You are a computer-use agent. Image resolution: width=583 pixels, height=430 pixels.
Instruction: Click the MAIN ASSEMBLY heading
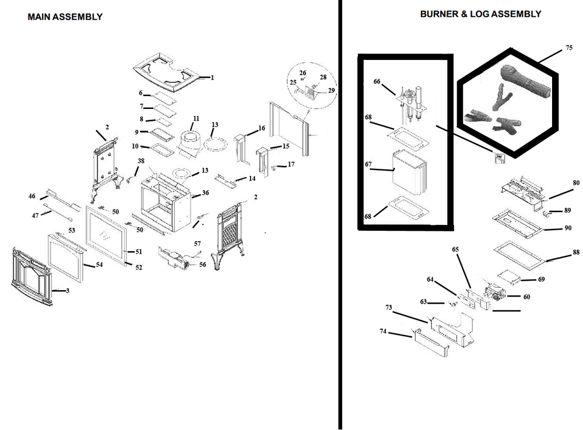[65, 17]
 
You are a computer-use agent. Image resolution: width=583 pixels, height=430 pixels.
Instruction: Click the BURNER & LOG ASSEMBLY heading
[480, 14]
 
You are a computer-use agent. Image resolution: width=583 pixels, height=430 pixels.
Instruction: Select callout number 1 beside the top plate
[212, 77]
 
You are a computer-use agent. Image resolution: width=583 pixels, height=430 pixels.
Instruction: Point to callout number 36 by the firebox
[205, 193]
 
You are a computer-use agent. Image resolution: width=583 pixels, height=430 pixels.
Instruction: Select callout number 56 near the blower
[203, 264]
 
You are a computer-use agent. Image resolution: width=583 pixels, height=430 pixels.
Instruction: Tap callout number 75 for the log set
[569, 48]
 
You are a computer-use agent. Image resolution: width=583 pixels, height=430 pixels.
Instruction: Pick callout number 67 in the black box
[368, 165]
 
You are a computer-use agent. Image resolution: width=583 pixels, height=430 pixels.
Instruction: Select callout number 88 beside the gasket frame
[576, 252]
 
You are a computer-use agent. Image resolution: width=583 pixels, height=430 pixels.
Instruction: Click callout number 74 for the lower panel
[383, 332]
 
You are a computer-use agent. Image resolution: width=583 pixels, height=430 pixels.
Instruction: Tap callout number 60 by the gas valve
[526, 297]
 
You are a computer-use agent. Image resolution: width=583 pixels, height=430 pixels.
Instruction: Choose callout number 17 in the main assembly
[290, 164]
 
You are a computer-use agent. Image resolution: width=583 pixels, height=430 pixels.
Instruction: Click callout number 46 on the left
[32, 198]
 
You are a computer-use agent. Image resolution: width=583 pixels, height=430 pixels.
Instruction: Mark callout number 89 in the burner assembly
[567, 210]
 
